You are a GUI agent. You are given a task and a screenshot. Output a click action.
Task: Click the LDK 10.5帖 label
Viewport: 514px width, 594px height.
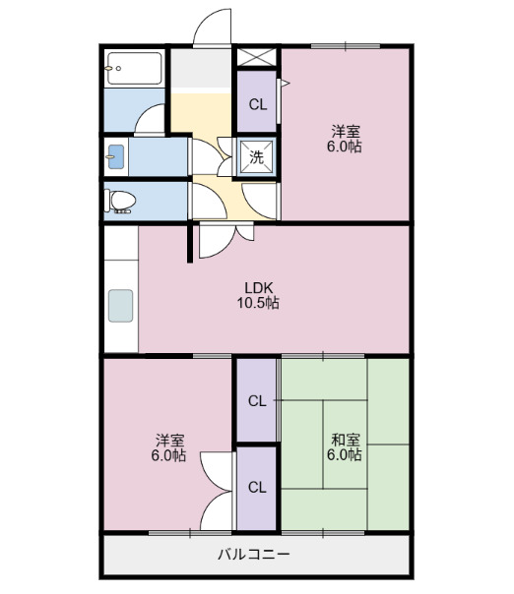257,295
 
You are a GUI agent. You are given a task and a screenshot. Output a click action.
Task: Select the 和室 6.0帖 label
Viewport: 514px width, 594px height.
345,446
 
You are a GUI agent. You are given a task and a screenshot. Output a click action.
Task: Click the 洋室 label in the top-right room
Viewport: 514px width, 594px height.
345,138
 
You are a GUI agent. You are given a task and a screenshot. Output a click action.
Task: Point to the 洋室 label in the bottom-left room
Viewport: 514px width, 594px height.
168,447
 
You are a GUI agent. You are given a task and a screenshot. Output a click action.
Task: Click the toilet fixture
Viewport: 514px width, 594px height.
120,202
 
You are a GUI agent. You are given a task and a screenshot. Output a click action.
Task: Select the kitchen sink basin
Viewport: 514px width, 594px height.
120,306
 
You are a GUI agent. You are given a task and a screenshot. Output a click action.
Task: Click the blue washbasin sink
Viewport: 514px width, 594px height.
116,156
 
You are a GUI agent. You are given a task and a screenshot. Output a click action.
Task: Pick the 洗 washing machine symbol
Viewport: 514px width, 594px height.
257,155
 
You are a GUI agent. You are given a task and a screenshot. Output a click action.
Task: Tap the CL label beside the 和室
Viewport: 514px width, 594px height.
257,401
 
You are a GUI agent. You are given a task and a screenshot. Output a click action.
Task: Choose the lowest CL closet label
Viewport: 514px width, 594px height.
257,488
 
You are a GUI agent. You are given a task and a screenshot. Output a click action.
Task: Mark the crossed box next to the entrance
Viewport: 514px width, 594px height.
256,56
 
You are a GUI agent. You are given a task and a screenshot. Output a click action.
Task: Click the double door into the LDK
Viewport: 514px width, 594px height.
227,241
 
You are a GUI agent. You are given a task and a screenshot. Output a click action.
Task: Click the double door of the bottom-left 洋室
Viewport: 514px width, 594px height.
217,492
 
